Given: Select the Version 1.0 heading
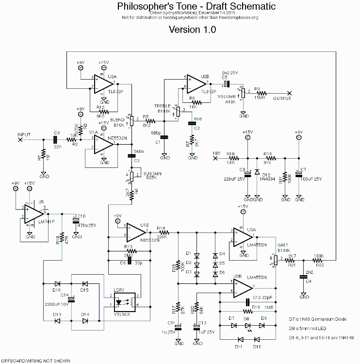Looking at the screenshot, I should [x=192, y=29].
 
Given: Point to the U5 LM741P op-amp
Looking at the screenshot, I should [x=32, y=213].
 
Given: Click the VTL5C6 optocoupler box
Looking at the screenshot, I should [x=125, y=302].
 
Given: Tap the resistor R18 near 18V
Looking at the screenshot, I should [x=234, y=158].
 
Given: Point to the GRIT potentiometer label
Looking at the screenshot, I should [x=283, y=246].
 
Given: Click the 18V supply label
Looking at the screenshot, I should [x=216, y=153].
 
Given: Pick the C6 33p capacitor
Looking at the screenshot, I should [x=129, y=263].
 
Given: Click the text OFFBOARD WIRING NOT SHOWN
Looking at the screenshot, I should [x=35, y=361].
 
